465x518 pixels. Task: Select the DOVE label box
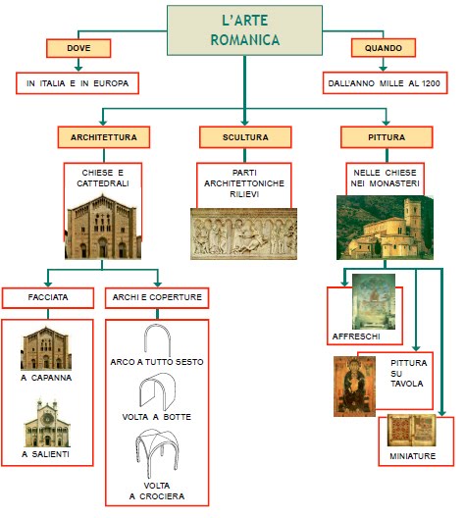click(78, 48)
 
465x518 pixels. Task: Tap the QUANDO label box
click(384, 48)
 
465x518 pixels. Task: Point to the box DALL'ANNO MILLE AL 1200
click(385, 84)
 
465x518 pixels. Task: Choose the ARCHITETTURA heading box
click(103, 136)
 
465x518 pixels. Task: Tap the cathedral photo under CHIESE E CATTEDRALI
click(103, 227)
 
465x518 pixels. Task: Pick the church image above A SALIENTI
click(47, 422)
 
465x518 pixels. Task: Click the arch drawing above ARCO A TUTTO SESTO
click(158, 339)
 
